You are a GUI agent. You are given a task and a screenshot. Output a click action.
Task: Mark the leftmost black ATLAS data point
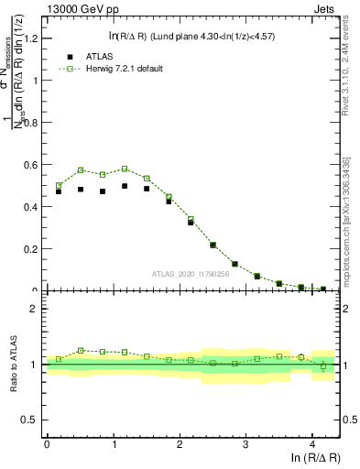59,191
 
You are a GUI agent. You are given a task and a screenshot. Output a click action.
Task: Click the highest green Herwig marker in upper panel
125,169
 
